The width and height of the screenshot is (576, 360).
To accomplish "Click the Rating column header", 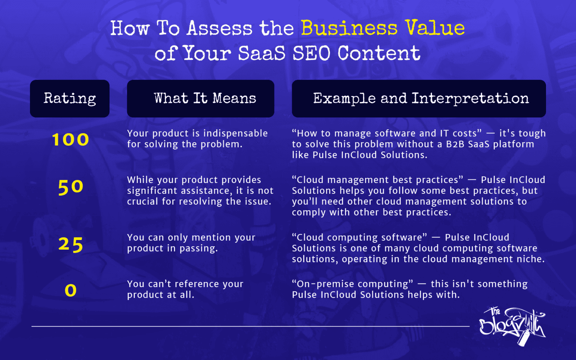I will tap(70, 99).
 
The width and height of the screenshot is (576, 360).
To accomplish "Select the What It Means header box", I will tap(201, 99).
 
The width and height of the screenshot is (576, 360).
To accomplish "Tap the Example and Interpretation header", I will tap(419, 99).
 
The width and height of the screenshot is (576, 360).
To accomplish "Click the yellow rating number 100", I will tap(70, 140).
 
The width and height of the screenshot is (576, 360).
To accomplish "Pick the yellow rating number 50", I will tap(70, 187).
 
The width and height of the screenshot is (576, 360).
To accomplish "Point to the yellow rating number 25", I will tap(70, 244).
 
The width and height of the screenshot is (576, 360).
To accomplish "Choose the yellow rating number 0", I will tap(70, 290).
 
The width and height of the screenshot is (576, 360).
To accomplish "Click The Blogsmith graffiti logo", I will tap(512, 325).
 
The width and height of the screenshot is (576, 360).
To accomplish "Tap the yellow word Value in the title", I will tap(435, 28).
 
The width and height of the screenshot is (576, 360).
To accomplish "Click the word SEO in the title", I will tap(311, 53).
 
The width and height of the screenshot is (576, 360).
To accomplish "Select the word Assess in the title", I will tap(220, 28).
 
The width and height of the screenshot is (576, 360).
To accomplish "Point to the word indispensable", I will tap(235, 133).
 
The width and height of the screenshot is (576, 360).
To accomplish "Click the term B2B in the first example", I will tap(455, 144).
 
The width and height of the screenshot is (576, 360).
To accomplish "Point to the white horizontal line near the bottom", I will tap(250, 326).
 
